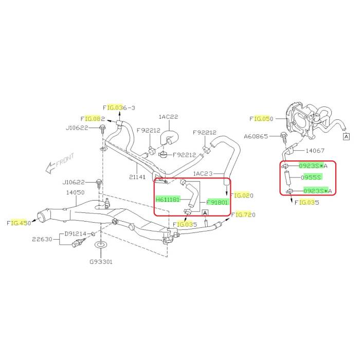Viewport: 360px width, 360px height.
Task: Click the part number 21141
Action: click(x=137, y=177)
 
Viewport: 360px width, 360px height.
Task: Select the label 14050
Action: click(x=75, y=192)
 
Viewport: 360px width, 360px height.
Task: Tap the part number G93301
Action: click(x=101, y=262)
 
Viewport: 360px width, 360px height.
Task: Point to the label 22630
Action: click(x=42, y=239)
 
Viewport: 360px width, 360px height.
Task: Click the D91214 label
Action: click(x=76, y=233)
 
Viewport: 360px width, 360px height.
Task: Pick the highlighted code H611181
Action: click(x=167, y=200)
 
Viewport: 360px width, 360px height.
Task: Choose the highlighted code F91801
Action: click(x=218, y=202)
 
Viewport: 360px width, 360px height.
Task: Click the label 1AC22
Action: click(x=168, y=117)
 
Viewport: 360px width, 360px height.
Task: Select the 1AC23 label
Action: click(x=203, y=174)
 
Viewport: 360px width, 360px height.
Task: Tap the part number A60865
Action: click(x=256, y=136)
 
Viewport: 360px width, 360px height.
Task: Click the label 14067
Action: click(x=315, y=151)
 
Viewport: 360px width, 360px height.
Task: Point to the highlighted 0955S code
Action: click(x=312, y=177)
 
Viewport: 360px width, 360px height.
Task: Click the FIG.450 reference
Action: click(x=19, y=223)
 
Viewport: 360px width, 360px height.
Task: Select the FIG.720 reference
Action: click(x=243, y=214)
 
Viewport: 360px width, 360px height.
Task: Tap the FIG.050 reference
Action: click(x=261, y=119)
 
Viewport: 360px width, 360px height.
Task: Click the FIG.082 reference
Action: click(x=93, y=119)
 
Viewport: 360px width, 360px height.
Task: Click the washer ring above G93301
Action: click(x=101, y=244)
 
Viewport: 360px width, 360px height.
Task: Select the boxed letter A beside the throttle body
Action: click(x=346, y=137)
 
